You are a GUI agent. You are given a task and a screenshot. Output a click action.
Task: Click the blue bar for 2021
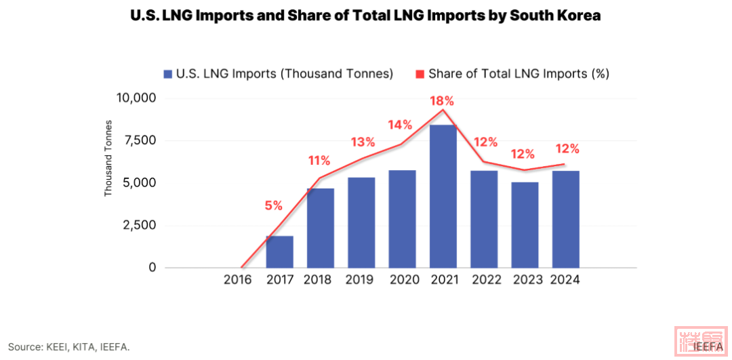point(443,197)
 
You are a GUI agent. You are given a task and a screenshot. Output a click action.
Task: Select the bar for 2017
point(279,252)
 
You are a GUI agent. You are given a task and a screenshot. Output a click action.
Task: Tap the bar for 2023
point(525,224)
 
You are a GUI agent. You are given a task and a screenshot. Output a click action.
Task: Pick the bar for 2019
point(361,222)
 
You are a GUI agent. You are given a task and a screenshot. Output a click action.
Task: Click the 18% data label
point(442,101)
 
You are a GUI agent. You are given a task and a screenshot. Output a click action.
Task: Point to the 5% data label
point(273,206)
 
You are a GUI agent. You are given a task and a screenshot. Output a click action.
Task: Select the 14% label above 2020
point(400,125)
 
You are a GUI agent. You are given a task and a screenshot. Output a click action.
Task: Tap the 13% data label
point(363,142)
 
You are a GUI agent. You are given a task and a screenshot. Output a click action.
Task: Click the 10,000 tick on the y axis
point(136,98)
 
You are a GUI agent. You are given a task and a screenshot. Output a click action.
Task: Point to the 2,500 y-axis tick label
point(139,225)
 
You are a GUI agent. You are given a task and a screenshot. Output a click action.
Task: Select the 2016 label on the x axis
point(237,280)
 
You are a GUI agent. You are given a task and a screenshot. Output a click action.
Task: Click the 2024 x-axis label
point(565,280)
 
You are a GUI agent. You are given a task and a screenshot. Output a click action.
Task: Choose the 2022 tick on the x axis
point(483,280)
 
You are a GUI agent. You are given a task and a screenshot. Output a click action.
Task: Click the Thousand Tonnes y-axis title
point(108,159)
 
